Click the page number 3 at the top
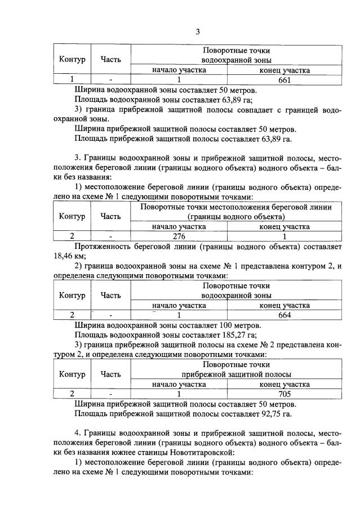(x=198, y=32)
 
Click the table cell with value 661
(x=284, y=81)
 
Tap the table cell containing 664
(x=284, y=315)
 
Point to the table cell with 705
(x=284, y=394)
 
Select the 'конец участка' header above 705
(x=284, y=384)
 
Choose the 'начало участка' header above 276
(x=179, y=226)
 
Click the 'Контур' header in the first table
(x=72, y=59)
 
